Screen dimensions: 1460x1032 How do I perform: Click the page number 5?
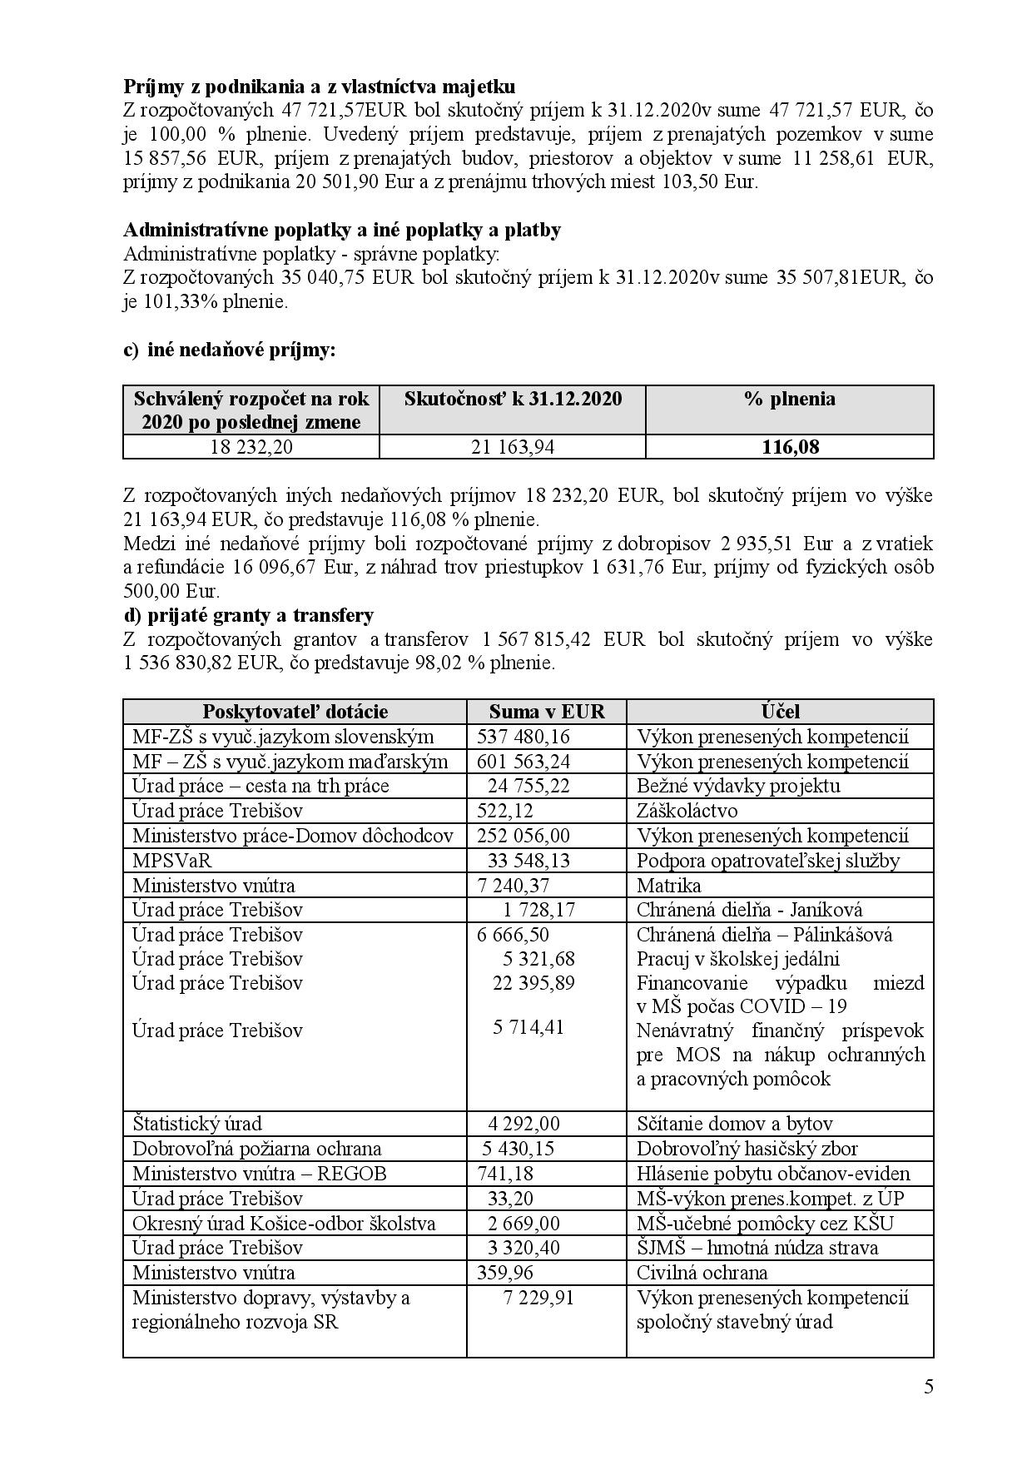tap(928, 1387)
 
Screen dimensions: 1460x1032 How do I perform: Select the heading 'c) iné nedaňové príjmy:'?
tap(230, 350)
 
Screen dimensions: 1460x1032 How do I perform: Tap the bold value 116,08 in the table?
tap(790, 447)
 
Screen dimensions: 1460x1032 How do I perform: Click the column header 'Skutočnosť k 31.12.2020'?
tap(512, 399)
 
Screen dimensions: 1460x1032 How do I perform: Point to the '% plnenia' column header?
tap(790, 399)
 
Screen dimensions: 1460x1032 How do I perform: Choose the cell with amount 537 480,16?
tap(525, 737)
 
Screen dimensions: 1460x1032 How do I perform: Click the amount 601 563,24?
tap(525, 762)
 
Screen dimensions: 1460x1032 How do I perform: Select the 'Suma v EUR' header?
tap(546, 712)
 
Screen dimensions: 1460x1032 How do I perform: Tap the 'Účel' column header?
tap(780, 712)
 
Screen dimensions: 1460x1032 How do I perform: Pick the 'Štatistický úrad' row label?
tap(197, 1124)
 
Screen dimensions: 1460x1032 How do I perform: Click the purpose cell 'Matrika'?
tap(669, 885)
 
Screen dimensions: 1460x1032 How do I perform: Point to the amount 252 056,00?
tap(523, 836)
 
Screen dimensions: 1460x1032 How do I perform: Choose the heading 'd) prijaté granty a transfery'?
tap(249, 615)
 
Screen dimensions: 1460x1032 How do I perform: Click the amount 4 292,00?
tap(523, 1124)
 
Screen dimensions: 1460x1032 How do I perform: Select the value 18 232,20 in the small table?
tap(251, 447)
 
